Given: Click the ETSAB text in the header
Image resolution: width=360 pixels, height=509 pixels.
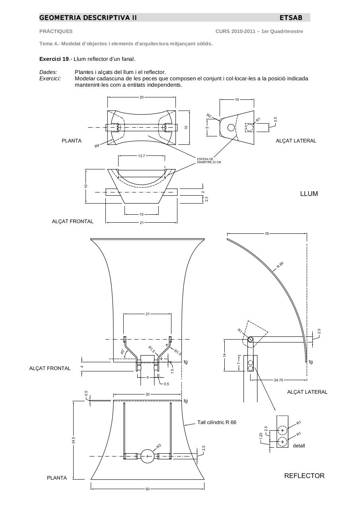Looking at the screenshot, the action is (x=291, y=18).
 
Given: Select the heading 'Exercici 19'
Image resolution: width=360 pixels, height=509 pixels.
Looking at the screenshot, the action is (x=54, y=59).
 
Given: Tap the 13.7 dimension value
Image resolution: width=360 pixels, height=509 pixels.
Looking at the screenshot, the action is (x=141, y=156).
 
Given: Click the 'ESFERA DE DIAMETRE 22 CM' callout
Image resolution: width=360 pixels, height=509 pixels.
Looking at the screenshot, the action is (x=209, y=161).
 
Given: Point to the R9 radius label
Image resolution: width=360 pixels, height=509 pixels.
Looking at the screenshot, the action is (x=97, y=146).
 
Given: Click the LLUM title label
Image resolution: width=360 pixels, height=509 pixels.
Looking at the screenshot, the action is (x=309, y=194).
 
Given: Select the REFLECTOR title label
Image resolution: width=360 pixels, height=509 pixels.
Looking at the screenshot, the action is (x=304, y=476).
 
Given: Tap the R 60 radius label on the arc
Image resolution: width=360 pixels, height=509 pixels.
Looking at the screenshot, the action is (x=280, y=265).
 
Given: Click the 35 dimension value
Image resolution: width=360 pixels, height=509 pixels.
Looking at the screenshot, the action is (x=267, y=233).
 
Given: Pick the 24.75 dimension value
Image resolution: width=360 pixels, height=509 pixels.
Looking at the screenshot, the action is (x=278, y=380).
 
